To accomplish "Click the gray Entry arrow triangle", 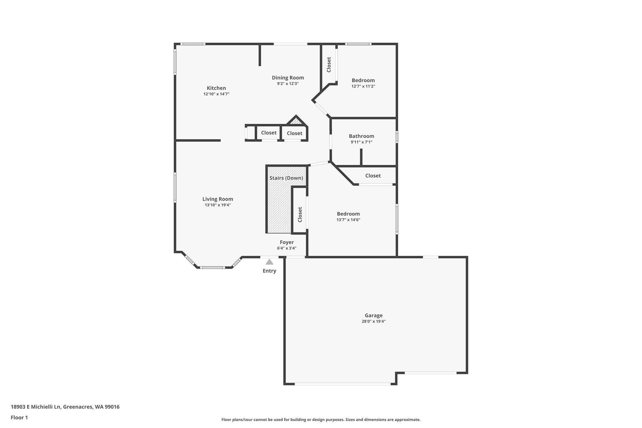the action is [269, 262].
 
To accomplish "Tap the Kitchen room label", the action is [216, 88].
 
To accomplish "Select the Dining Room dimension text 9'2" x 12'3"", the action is [288, 84].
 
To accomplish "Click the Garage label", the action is [374, 315].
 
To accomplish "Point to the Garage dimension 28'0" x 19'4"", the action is [374, 321].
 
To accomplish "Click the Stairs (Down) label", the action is [286, 178].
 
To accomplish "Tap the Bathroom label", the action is [361, 136].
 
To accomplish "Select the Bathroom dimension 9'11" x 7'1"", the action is [361, 142].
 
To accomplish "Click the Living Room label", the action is [218, 199].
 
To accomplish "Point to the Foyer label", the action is [287, 242].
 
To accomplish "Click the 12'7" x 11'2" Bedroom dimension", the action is [363, 86].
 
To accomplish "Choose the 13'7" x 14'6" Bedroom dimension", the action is [348, 220].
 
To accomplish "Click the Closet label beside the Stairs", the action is [300, 214].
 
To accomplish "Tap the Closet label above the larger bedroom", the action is [373, 176].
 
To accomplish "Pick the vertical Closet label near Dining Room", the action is [329, 65].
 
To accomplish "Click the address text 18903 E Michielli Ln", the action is [35, 407].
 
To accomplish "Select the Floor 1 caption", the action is [19, 418].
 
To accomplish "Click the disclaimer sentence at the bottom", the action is [321, 420].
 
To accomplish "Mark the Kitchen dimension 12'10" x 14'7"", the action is [216, 94].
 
